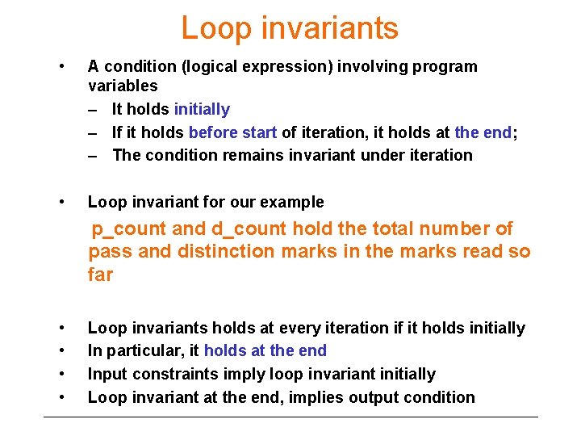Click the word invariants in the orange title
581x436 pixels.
coord(325,28)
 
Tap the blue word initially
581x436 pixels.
coord(202,109)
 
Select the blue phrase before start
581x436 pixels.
coord(233,132)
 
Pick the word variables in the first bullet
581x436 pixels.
coord(123,86)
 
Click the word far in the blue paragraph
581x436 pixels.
coord(101,275)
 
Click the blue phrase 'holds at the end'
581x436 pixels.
coord(265,350)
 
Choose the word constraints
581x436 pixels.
coord(176,374)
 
